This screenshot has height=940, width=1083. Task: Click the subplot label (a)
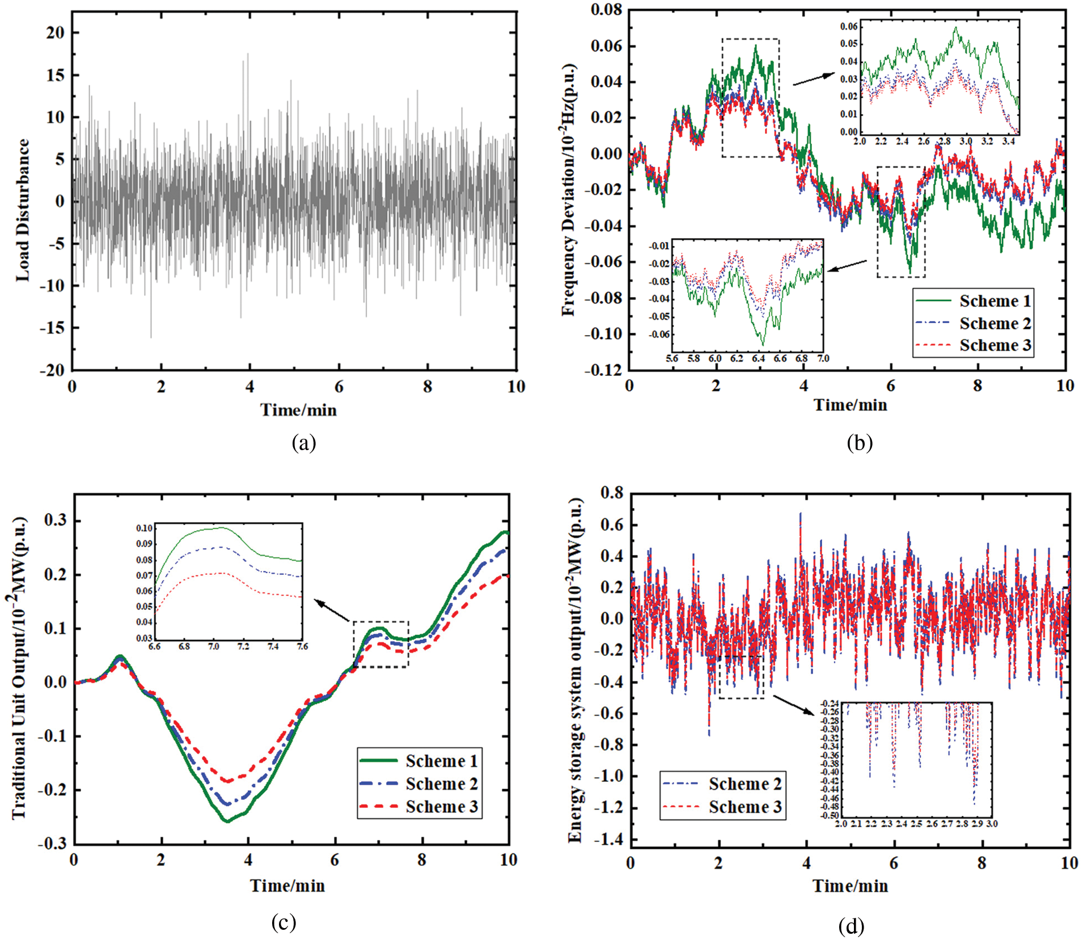point(303,443)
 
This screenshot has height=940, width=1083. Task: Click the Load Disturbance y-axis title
point(23,210)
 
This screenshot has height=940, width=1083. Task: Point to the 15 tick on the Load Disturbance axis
point(55,75)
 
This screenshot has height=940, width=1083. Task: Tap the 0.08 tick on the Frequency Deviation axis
point(606,10)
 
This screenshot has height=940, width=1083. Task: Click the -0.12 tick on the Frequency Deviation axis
point(603,370)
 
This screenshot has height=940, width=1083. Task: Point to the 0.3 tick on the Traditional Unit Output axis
point(55,520)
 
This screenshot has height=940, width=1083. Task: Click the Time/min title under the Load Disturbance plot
point(298,410)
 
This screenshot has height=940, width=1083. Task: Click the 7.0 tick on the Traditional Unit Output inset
point(213,646)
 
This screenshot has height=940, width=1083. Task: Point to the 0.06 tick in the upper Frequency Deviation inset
point(849,26)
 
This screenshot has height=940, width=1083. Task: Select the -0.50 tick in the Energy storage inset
point(830,815)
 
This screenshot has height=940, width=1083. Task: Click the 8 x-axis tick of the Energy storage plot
point(982,863)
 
